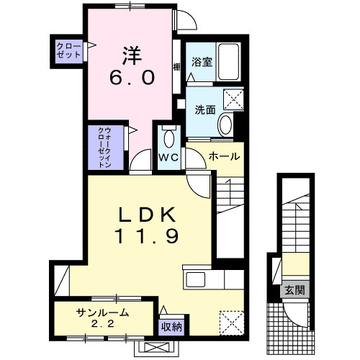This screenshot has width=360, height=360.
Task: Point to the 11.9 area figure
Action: [x=145, y=235]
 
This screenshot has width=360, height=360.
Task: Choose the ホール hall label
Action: [x=224, y=156]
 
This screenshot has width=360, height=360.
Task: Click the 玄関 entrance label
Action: [x=294, y=290]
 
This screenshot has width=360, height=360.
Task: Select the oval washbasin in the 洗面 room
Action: [x=225, y=124]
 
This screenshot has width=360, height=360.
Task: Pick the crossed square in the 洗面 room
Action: [x=233, y=99]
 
